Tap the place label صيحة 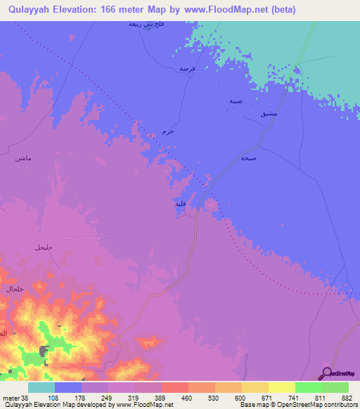[x=247, y=158]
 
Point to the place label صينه [x=236, y=100]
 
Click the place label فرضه [x=186, y=69]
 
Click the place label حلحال [x=15, y=289]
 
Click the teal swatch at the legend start [x=41, y=387]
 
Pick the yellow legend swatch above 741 [x=281, y=387]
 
